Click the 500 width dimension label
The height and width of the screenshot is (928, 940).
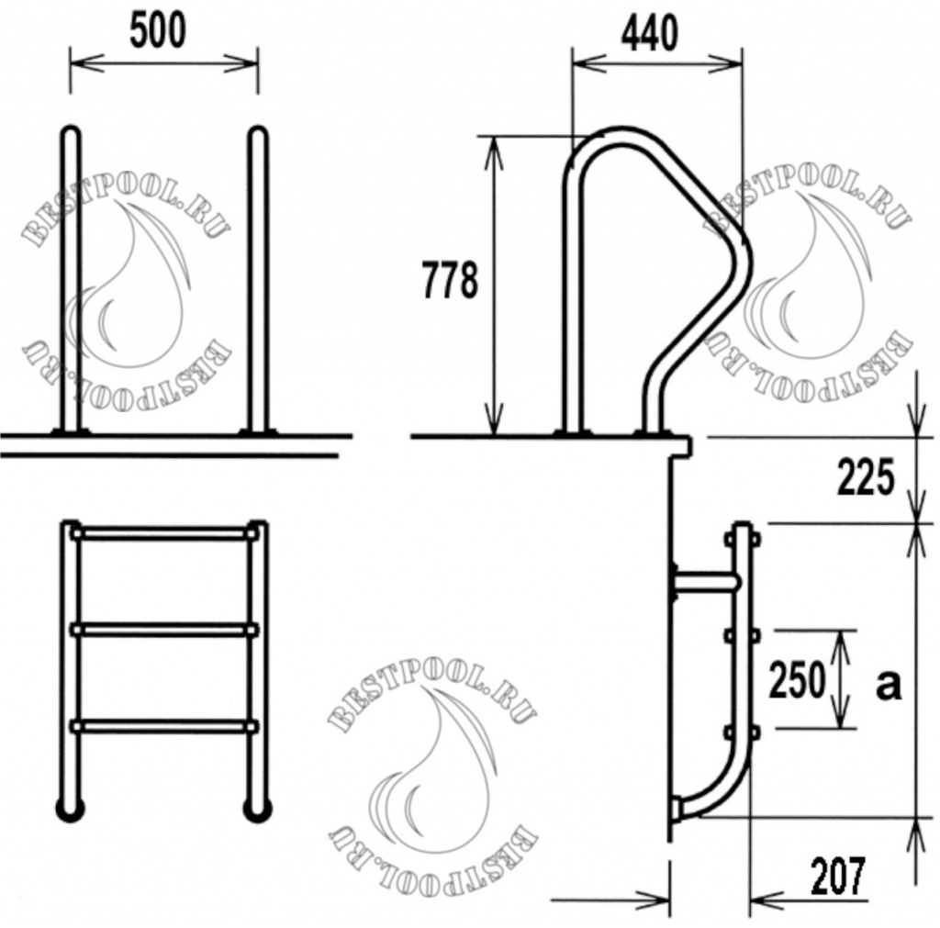click(157, 30)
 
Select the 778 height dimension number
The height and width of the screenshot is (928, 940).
click(450, 281)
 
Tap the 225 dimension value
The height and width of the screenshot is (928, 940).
click(865, 478)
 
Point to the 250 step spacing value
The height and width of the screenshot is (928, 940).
click(798, 680)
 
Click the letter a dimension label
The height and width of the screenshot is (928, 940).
click(888, 684)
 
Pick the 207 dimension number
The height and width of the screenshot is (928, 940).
click(838, 877)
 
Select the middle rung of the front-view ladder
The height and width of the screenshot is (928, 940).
click(164, 630)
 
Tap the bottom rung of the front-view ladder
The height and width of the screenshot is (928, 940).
click(164, 726)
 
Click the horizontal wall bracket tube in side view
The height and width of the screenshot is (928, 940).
click(705, 581)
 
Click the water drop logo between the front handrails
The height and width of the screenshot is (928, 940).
click(138, 285)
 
